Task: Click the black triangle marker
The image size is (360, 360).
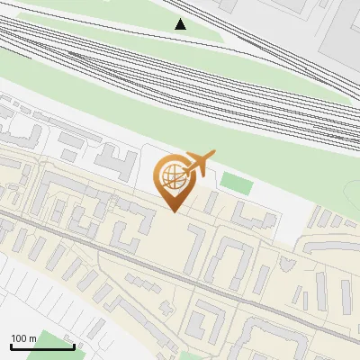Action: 182,24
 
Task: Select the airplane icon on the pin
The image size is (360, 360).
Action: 197,164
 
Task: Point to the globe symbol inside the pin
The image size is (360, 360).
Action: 171,176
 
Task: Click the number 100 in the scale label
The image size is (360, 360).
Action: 19,338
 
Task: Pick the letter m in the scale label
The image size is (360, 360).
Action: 32,338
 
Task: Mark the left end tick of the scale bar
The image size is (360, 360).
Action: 11,346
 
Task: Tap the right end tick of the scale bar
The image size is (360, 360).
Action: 73,346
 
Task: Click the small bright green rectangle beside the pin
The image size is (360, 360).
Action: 236,183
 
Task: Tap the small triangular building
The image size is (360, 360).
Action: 287,264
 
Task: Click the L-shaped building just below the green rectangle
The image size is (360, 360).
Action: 255,216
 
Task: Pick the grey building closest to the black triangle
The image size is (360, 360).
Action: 225,4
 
